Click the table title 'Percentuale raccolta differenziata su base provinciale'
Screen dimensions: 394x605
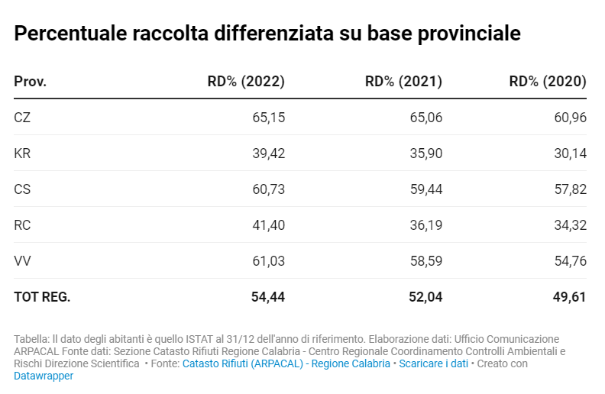(x=267, y=34)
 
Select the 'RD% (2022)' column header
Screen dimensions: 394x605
(x=246, y=82)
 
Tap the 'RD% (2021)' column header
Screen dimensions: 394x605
(x=403, y=82)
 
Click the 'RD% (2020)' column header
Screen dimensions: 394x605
(x=547, y=82)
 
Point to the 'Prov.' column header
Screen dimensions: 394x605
(x=31, y=82)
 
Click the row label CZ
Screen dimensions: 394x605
(x=22, y=118)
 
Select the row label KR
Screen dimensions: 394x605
(x=22, y=153)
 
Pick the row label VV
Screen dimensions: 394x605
(x=22, y=261)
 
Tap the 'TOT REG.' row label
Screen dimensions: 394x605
(x=42, y=297)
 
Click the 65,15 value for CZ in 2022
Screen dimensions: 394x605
(x=268, y=118)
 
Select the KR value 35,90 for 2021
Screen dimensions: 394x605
(x=426, y=153)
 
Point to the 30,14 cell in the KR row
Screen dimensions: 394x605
(x=570, y=153)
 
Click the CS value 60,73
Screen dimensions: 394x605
(x=268, y=189)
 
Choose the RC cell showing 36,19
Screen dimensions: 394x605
(x=426, y=225)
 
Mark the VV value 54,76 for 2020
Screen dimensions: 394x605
(x=570, y=261)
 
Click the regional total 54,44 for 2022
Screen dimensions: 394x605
(x=267, y=297)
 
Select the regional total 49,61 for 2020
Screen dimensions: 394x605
(x=569, y=297)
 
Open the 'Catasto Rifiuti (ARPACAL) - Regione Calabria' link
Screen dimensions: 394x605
(x=286, y=363)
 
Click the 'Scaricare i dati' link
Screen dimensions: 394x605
(x=433, y=363)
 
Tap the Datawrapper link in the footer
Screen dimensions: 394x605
(x=44, y=376)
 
